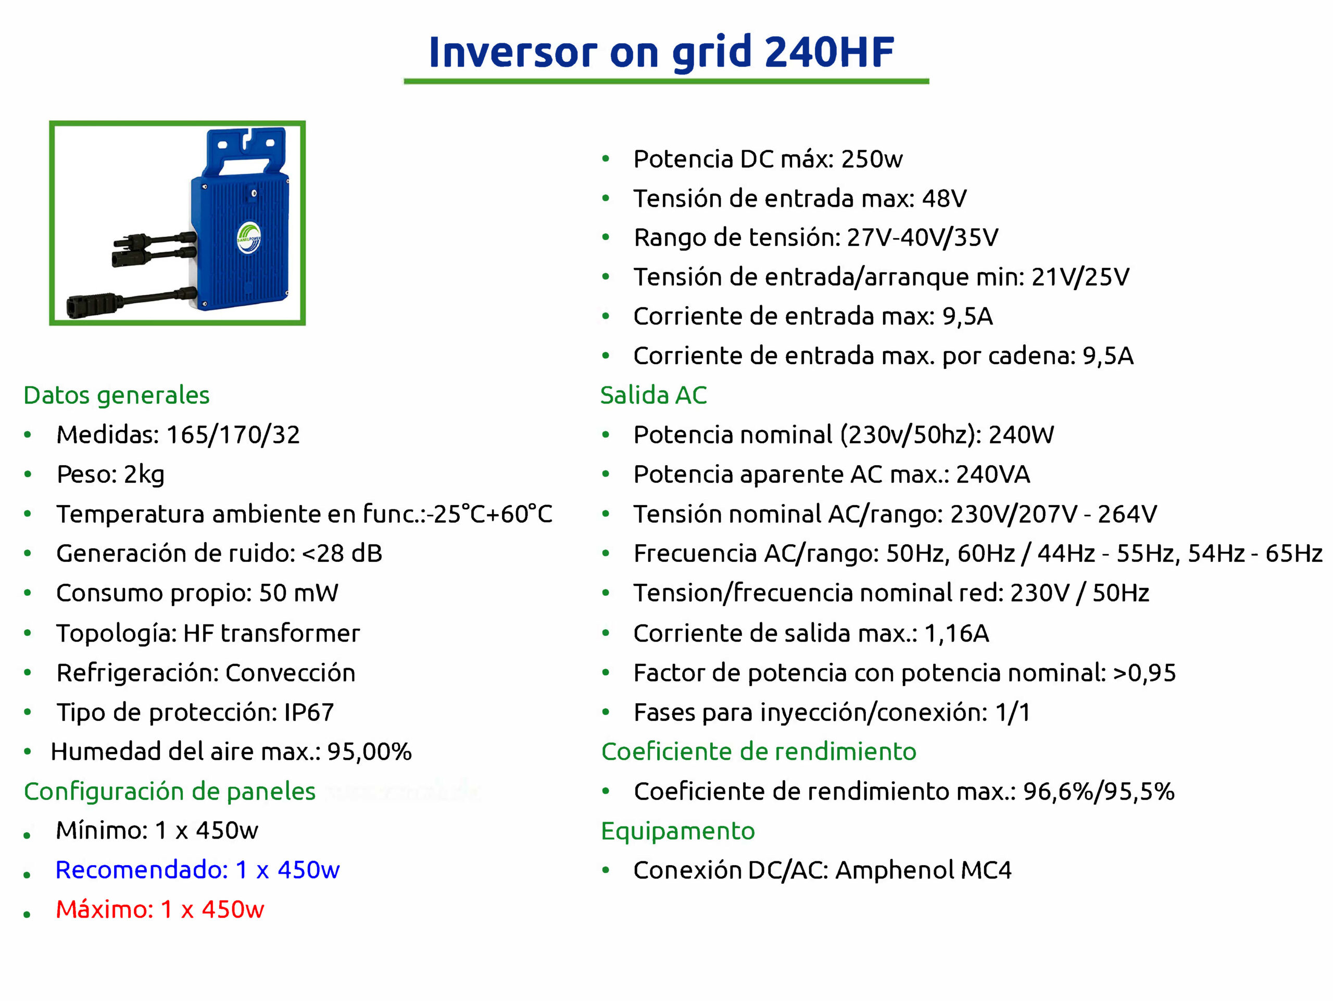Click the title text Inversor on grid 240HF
(661, 53)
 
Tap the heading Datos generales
(116, 395)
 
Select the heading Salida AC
(653, 395)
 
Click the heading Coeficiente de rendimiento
(759, 752)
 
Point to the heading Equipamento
(678, 832)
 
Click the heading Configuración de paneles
(169, 791)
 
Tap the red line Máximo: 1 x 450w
(160, 909)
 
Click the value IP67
(309, 712)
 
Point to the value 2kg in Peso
(144, 475)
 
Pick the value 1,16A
(957, 633)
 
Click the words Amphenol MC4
(923, 870)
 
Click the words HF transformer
(271, 633)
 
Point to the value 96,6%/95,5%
(1099, 792)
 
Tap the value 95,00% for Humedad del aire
(369, 752)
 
